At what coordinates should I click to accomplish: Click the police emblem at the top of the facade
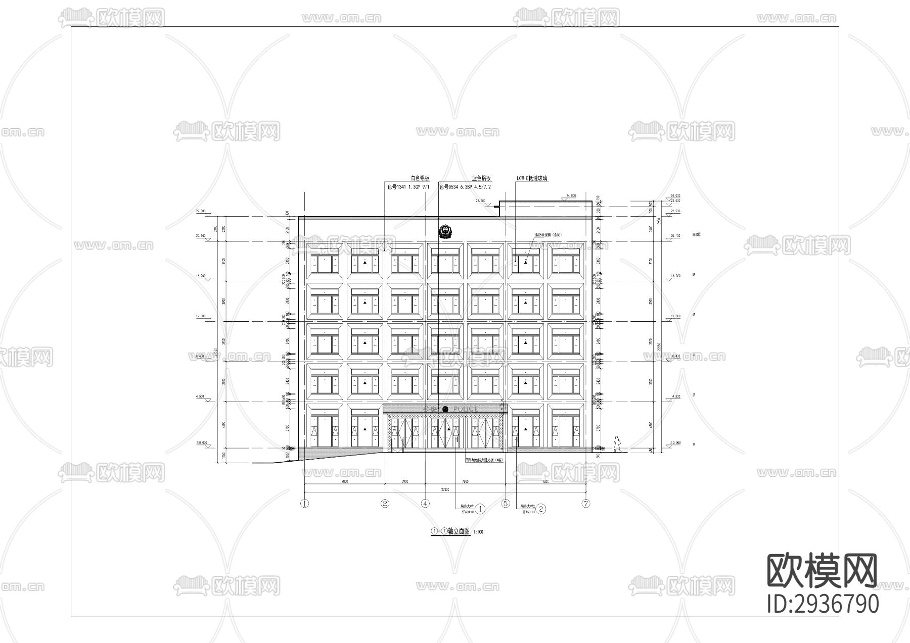coord(445,232)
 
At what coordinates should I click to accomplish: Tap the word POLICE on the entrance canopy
coord(466,409)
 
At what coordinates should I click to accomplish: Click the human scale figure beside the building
coord(616,444)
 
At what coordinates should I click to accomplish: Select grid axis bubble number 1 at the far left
coord(304,503)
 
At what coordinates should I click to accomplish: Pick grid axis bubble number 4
coord(425,503)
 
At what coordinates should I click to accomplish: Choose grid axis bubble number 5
coord(506,503)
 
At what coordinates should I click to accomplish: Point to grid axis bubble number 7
coord(586,503)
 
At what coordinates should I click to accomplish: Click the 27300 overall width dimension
coord(445,489)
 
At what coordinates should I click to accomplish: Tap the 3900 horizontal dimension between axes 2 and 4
coord(405,481)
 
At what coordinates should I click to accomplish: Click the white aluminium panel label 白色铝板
coord(420,178)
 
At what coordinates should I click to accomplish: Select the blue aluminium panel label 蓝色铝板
coord(481,178)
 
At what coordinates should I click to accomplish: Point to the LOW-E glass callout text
coord(531,178)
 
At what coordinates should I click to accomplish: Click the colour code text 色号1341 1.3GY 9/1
coord(408,187)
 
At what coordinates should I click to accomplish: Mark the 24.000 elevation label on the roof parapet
coord(571,195)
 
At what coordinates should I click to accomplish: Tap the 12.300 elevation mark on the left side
coord(201,316)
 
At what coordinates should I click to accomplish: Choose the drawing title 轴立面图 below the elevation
coord(459,531)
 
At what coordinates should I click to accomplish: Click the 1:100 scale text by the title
coord(478,532)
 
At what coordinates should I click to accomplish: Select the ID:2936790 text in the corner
coord(823,604)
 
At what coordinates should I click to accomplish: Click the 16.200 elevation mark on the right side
coord(675,276)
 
